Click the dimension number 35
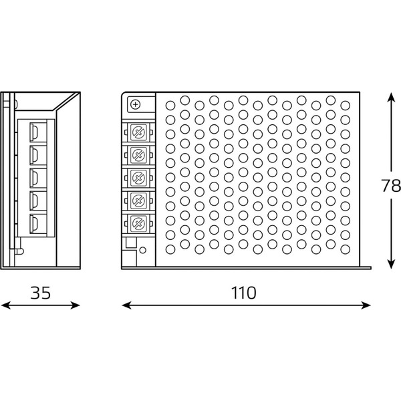(40, 293)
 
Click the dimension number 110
(243, 293)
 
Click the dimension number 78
(391, 185)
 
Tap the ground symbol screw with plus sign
(135, 104)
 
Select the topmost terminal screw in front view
(139, 132)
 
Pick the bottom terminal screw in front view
(139, 223)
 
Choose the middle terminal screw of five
(139, 178)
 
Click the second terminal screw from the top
(139, 155)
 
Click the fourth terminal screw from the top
(139, 200)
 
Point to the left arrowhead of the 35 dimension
(5, 305)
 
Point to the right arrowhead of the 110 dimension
(366, 305)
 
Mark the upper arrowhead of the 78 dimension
(391, 98)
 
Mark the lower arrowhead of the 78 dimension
(391, 264)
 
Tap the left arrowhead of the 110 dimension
(126, 305)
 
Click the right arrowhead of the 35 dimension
(76, 305)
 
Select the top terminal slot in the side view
(34, 132)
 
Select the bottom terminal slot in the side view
(34, 224)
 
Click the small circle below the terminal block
(143, 250)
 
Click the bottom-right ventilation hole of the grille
(346, 249)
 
